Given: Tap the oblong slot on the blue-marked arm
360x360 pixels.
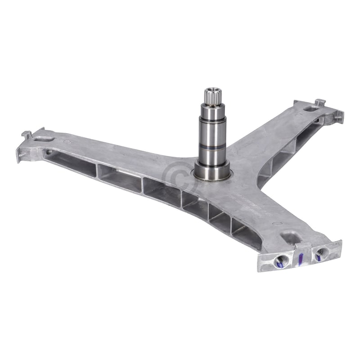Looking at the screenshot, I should [x=288, y=234].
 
